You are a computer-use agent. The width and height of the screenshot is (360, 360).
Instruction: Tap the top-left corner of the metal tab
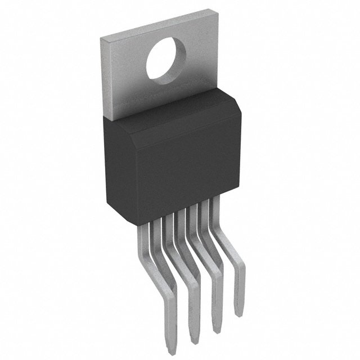coord(101,38)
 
